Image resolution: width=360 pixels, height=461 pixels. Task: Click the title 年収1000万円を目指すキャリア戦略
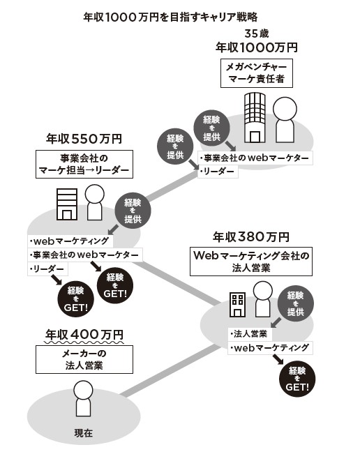[x=171, y=17]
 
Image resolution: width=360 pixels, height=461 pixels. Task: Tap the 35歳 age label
[x=257, y=33]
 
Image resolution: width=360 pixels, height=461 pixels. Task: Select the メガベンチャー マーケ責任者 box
[x=257, y=73]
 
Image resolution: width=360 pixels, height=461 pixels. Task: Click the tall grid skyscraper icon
[x=255, y=118]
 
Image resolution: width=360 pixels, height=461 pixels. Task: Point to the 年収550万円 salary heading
[x=84, y=139]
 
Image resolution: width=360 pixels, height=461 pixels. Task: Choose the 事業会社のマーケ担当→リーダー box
[x=84, y=165]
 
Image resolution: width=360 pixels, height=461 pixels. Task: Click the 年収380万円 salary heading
[x=251, y=237]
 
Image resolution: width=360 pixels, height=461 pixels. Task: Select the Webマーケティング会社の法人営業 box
[x=251, y=262]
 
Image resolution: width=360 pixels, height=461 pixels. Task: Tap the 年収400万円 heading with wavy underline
[x=84, y=335]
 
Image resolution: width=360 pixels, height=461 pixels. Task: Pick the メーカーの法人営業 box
[x=84, y=360]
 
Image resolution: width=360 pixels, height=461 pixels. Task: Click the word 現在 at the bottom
[x=84, y=433]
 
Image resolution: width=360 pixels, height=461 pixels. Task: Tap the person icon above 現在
[x=83, y=398]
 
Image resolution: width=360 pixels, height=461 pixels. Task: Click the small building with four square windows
[x=237, y=305]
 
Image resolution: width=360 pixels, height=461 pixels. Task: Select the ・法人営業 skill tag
[x=250, y=334]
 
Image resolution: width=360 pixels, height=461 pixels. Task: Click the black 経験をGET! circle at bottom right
[x=297, y=379]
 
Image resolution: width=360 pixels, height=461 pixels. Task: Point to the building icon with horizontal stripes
[x=67, y=204]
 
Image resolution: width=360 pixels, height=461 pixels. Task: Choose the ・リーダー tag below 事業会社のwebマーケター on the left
[x=47, y=269]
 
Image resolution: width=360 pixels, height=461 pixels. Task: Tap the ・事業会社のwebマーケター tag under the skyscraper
[x=255, y=158]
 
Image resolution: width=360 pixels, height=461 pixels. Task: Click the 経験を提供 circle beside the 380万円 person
[x=296, y=303]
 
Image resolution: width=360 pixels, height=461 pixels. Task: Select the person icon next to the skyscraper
[x=285, y=120]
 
